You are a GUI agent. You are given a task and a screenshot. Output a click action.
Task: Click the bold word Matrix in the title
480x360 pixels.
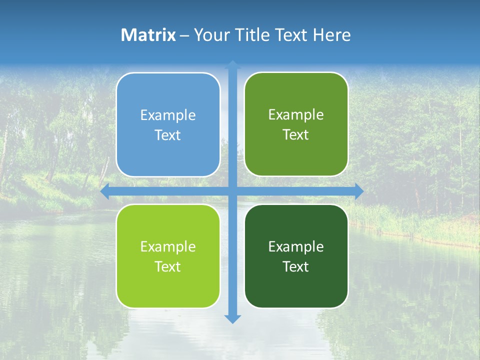148,35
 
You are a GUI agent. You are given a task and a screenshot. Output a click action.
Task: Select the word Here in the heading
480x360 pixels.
331,35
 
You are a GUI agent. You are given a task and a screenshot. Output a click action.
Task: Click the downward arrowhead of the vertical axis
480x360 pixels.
232,318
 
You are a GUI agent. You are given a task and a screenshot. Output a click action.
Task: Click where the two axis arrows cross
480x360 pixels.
232,191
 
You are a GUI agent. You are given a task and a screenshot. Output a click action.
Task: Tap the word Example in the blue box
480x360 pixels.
168,115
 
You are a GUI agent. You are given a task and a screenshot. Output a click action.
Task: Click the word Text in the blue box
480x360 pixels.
168,135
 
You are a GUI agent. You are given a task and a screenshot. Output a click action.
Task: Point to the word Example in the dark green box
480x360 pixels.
296,246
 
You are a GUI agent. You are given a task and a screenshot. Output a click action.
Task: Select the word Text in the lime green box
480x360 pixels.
168,266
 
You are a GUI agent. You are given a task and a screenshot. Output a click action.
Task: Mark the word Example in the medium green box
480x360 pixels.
296,115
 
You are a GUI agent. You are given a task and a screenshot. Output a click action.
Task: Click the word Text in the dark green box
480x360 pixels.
296,266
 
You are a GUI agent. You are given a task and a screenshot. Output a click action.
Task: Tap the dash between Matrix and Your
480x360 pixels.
184,35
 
